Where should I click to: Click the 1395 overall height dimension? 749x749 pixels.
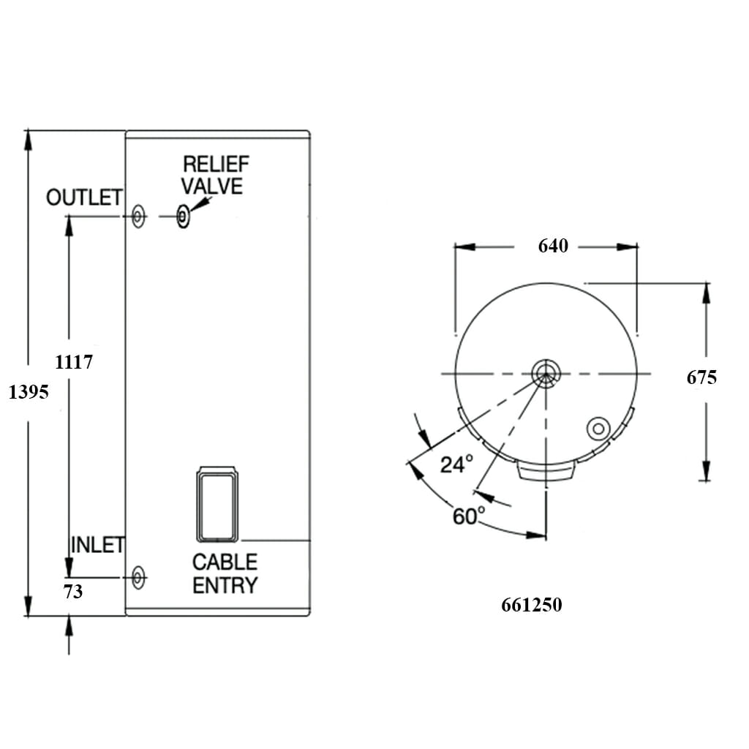[x=29, y=392]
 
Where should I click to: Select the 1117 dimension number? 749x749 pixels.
[x=74, y=361]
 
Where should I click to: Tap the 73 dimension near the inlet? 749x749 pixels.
[x=73, y=592]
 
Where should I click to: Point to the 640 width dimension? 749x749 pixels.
[x=553, y=246]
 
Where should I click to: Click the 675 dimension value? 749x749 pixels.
[x=701, y=377]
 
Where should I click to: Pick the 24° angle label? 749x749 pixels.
[x=456, y=464]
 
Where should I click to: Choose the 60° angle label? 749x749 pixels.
[x=468, y=516]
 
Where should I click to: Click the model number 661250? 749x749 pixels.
[x=532, y=606]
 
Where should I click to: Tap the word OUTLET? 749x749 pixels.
[x=84, y=197]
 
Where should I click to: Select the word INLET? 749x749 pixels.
[x=97, y=545]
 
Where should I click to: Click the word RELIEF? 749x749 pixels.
[x=216, y=164]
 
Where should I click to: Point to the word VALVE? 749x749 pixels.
[x=212, y=186]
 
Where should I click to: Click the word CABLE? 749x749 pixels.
[x=225, y=562]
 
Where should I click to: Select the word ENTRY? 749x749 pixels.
[x=225, y=585]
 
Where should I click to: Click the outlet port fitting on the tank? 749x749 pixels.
[x=138, y=217]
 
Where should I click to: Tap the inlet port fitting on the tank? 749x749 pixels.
[x=138, y=578]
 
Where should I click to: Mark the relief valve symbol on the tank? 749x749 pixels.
[x=183, y=217]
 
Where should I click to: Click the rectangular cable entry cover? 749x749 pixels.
[x=217, y=505]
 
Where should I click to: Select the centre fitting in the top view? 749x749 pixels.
[x=545, y=373]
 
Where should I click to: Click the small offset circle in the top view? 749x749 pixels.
[x=598, y=429]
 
